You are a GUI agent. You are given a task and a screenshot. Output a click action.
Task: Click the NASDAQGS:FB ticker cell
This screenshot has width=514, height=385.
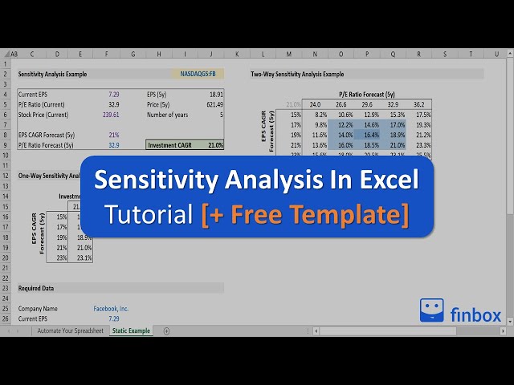[x=198, y=74]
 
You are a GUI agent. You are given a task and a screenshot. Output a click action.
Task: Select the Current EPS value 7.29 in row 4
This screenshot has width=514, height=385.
[x=113, y=94]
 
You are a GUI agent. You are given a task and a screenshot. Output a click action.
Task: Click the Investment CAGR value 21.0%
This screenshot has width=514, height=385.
[x=214, y=145]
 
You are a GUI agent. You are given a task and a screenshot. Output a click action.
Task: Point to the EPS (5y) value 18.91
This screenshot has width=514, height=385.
[x=216, y=94]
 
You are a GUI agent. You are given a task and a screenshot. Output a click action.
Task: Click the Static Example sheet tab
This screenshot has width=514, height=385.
[x=131, y=330]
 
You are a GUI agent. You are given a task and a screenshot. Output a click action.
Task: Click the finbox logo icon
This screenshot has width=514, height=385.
[x=432, y=310]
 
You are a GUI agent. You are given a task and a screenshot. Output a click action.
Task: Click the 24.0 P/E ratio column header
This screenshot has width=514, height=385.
[x=316, y=104]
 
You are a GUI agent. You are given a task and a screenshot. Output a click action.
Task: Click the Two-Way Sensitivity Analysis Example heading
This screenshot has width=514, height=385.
[x=297, y=74]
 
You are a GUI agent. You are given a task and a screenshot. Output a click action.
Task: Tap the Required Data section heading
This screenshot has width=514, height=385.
[x=36, y=287]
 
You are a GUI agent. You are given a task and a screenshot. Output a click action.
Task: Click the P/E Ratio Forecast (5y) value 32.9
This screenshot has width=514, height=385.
[x=113, y=145]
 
